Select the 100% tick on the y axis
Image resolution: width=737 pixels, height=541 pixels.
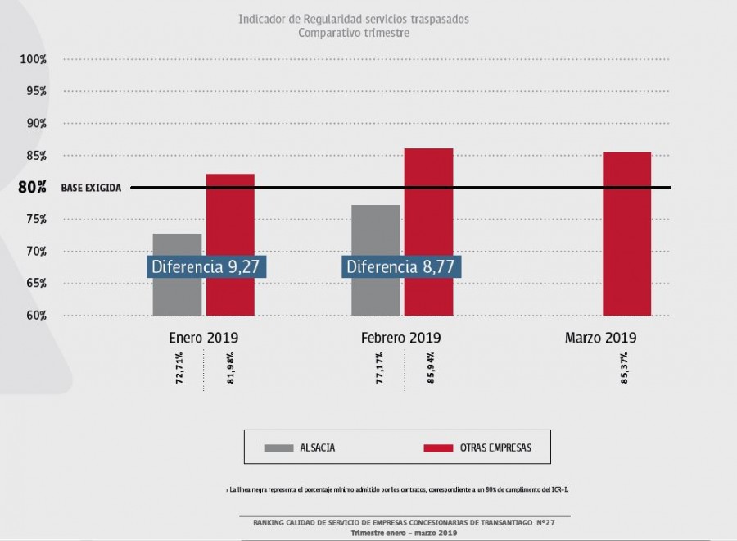point(34,59)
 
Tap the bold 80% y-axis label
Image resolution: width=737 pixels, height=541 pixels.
point(32,187)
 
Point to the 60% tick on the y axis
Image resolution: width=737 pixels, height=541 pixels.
point(34,316)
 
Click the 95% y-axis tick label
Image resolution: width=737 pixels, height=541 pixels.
point(34,91)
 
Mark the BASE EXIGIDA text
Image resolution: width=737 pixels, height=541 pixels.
point(91,188)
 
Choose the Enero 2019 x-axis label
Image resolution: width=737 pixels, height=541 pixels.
point(204,337)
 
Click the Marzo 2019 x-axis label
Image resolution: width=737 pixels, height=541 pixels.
point(600,337)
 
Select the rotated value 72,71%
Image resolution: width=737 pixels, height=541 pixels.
point(180,369)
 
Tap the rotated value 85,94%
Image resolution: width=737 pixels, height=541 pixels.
point(431,369)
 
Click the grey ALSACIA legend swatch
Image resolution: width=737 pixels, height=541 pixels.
point(278,448)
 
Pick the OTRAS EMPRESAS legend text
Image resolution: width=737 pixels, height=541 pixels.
point(500,448)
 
